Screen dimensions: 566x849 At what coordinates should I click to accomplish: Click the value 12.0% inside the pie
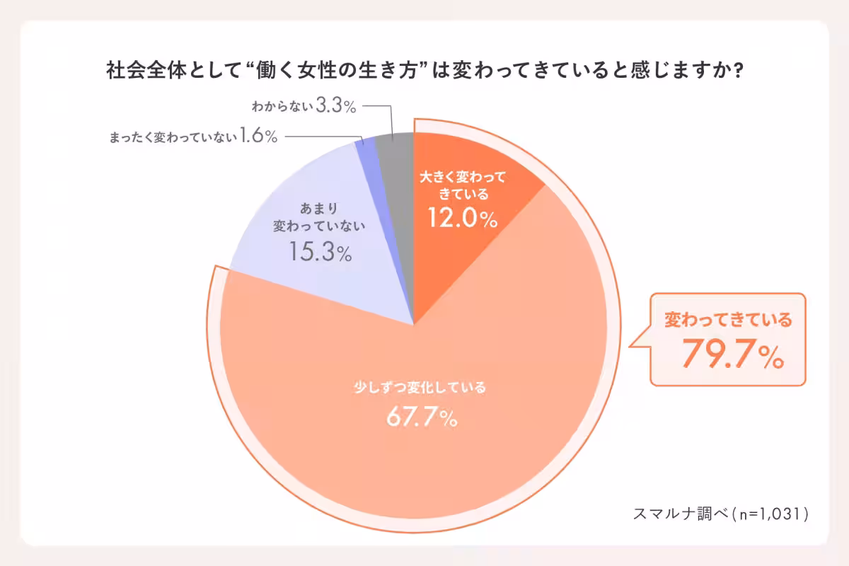click(x=462, y=219)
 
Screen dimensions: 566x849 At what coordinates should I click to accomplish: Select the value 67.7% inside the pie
click(x=421, y=418)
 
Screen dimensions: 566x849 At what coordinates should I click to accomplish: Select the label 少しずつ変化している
click(x=420, y=388)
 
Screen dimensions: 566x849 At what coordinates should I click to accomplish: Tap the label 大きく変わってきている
click(x=463, y=185)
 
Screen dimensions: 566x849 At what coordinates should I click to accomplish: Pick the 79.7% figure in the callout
click(x=732, y=356)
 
